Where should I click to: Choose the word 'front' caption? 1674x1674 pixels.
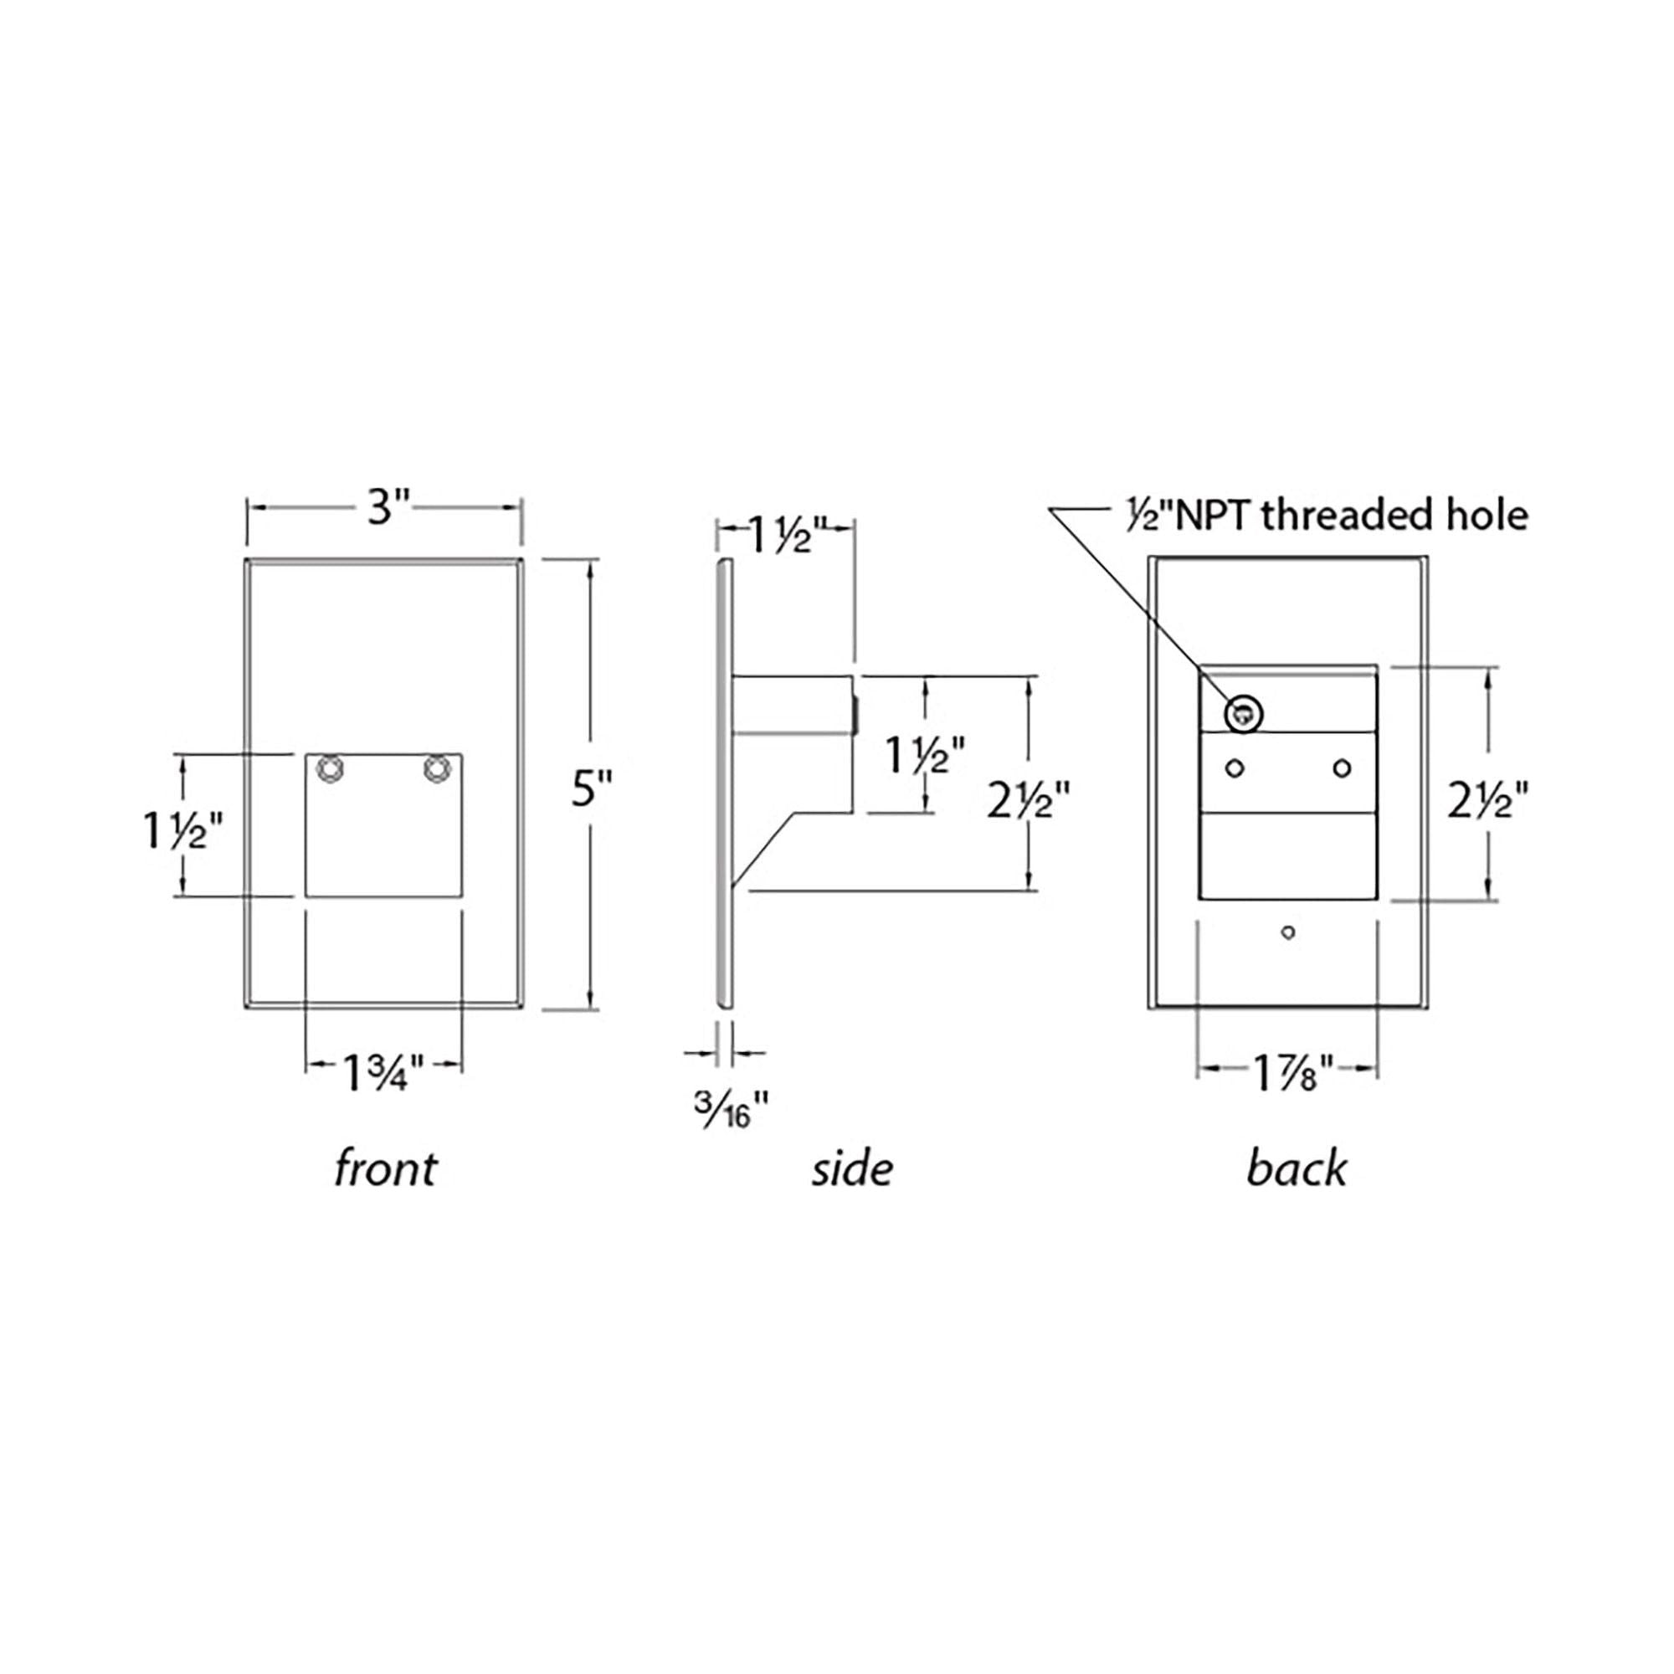tap(386, 1168)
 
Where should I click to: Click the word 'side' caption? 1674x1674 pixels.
tap(853, 1168)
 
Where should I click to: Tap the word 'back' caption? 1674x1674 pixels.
tap(1297, 1168)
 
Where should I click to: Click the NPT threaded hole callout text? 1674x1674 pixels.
tap(1322, 516)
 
